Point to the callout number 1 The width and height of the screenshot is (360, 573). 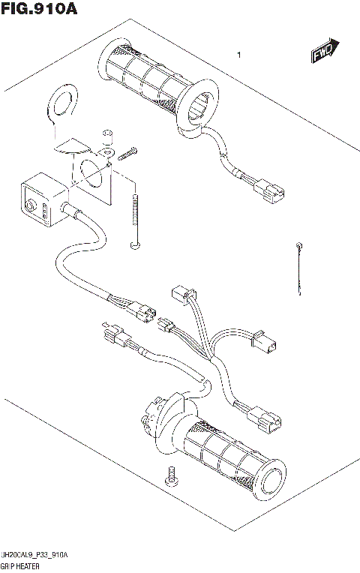pyautogui.click(x=238, y=55)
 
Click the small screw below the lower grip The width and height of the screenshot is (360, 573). pyautogui.click(x=171, y=476)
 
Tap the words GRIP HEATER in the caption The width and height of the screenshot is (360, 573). pyautogui.click(x=21, y=566)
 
